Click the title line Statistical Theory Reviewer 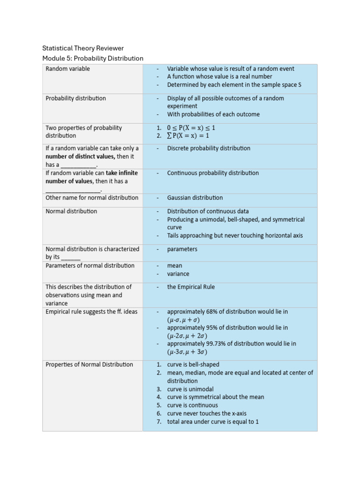[83, 48]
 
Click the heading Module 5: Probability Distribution [92, 59]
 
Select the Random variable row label [67, 69]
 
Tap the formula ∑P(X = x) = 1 [188, 136]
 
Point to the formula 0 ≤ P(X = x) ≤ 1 [191, 127]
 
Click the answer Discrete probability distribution [209, 148]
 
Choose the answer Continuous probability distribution [213, 173]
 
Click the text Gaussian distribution [195, 198]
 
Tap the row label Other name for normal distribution [92, 198]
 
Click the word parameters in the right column [182, 249]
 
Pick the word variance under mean [178, 274]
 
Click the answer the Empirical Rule [191, 287]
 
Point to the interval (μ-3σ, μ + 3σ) [187, 352]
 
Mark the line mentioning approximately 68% [227, 312]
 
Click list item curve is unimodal [190, 389]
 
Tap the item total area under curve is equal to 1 [213, 421]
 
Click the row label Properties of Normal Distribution [89, 365]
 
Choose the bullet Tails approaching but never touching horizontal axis [235, 236]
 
